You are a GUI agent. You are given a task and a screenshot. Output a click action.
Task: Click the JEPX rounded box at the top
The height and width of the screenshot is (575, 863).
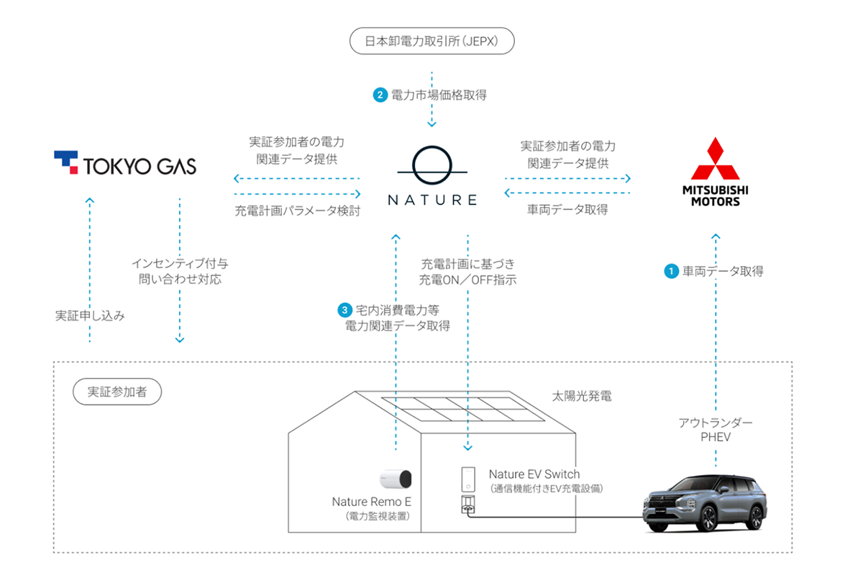(432, 41)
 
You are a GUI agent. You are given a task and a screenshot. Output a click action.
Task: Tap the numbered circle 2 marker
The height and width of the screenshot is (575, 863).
(380, 95)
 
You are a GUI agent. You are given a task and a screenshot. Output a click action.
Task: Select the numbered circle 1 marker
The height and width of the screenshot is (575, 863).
(671, 271)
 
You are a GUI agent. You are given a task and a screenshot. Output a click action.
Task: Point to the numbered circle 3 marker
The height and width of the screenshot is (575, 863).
(344, 310)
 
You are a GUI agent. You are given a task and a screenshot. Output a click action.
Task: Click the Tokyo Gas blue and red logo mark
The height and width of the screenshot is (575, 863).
(66, 162)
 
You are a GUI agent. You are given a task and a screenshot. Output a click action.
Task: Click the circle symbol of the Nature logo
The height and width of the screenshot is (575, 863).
(432, 165)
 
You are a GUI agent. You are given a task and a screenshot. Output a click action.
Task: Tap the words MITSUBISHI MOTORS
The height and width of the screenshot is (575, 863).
(716, 196)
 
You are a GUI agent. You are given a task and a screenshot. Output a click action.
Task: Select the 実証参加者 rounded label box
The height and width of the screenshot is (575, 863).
(117, 392)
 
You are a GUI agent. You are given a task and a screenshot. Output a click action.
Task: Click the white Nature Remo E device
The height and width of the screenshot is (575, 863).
(396, 479)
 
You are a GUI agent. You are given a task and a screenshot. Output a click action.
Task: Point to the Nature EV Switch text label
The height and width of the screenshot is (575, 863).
(534, 474)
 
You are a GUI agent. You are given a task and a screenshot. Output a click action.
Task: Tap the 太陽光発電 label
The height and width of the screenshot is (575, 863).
(582, 396)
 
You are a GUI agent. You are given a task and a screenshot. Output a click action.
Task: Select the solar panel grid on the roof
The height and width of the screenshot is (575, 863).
(463, 409)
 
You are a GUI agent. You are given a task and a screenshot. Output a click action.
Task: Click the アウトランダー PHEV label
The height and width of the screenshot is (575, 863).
(716, 430)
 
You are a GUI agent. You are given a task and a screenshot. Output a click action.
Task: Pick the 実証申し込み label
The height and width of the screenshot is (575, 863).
(90, 316)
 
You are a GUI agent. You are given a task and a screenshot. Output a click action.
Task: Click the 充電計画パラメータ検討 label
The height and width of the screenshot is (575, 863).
(298, 211)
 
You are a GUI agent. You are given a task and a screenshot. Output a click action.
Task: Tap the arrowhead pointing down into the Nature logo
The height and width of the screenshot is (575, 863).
(432, 124)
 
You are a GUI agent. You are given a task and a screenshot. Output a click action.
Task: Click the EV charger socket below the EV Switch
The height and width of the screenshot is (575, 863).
(468, 505)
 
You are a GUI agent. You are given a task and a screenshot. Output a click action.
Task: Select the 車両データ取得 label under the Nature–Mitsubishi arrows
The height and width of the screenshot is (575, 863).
(567, 209)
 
